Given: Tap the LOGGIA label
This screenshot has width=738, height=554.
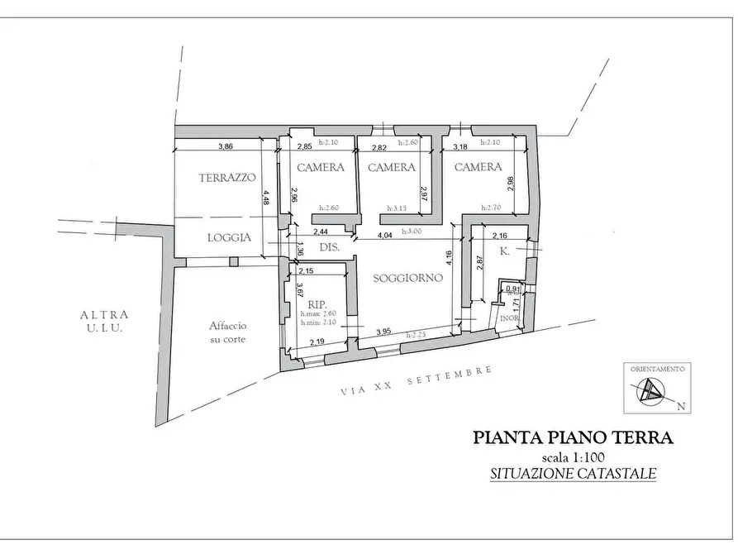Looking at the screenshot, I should [x=229, y=237].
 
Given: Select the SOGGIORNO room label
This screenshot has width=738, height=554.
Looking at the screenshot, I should [x=408, y=278].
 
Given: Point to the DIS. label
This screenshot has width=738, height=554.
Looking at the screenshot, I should [x=330, y=248].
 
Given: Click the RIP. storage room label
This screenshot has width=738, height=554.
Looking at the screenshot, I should [x=315, y=303].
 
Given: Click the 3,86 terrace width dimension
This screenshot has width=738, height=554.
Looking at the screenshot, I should [x=225, y=146].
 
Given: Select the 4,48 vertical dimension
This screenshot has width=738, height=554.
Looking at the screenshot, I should [x=265, y=198].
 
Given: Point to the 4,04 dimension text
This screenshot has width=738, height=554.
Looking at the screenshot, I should [x=384, y=236].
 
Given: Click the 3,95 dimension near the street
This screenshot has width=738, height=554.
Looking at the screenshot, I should [x=383, y=332].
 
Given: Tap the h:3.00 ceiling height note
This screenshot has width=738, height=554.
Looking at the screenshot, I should [x=412, y=232].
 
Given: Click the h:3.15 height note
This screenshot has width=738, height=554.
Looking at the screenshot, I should [x=400, y=208].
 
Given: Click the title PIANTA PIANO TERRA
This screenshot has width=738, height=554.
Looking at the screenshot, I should [x=573, y=438].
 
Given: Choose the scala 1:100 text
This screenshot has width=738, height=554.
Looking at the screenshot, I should [x=573, y=458].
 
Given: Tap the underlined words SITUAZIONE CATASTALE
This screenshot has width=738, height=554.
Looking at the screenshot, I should [x=573, y=474].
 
